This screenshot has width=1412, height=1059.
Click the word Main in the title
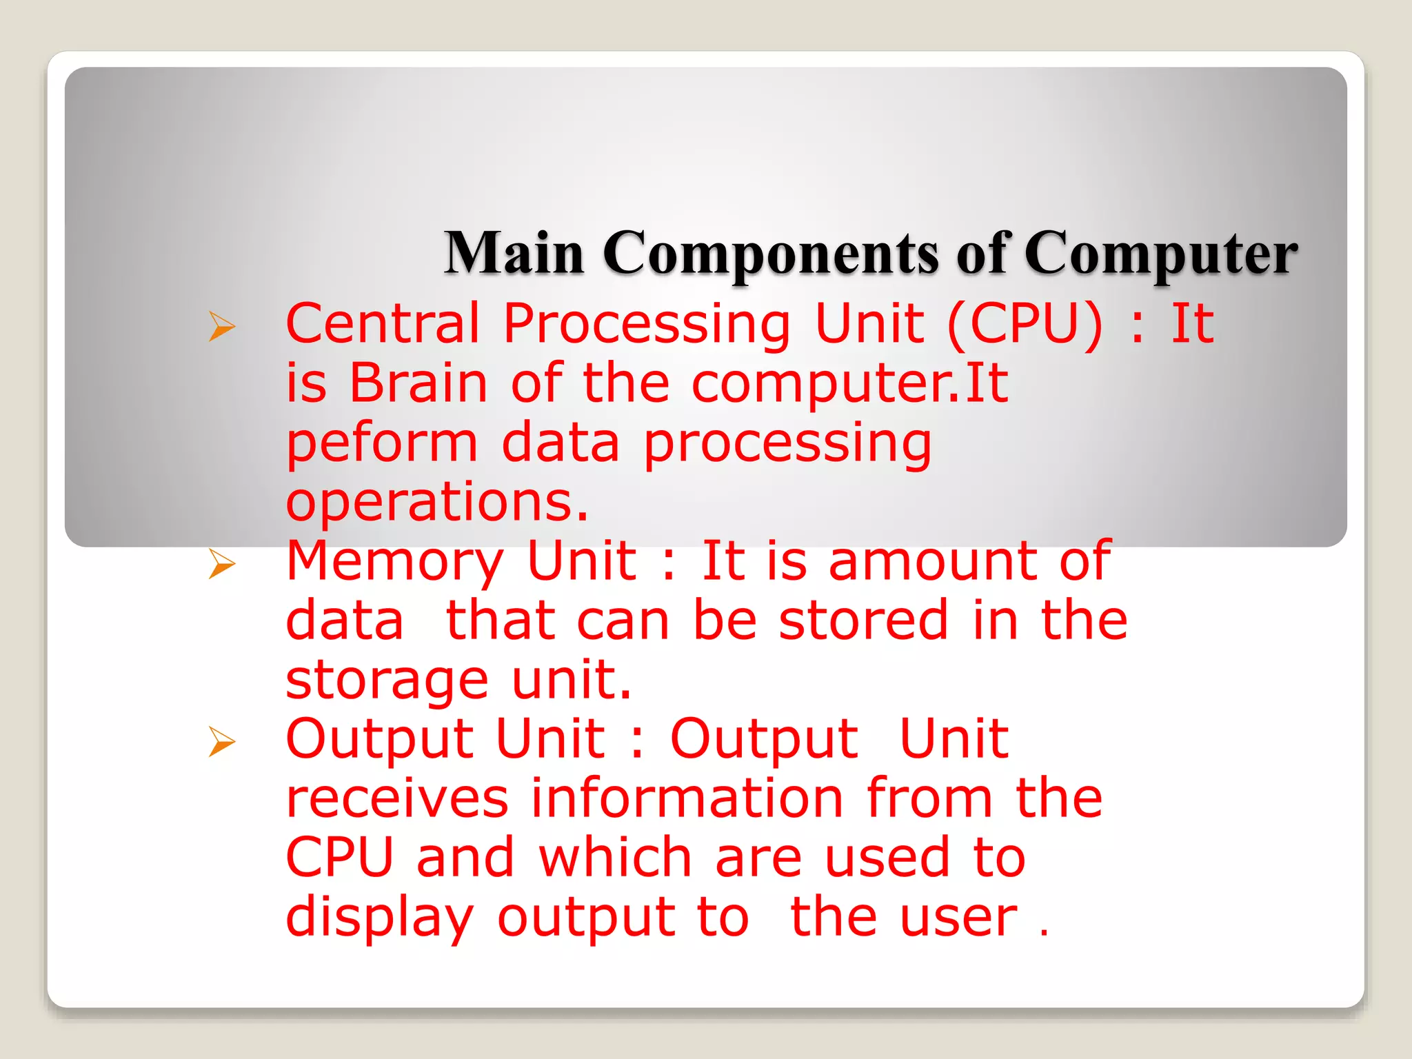tap(514, 253)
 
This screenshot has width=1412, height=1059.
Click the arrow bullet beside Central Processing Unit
tap(222, 326)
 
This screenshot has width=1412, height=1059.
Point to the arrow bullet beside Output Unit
tap(222, 742)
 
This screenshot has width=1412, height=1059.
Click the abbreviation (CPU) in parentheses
tap(1025, 324)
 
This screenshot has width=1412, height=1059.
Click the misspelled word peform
tap(381, 444)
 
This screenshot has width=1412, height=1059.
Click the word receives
tap(397, 798)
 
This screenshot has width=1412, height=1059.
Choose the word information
tap(687, 798)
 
